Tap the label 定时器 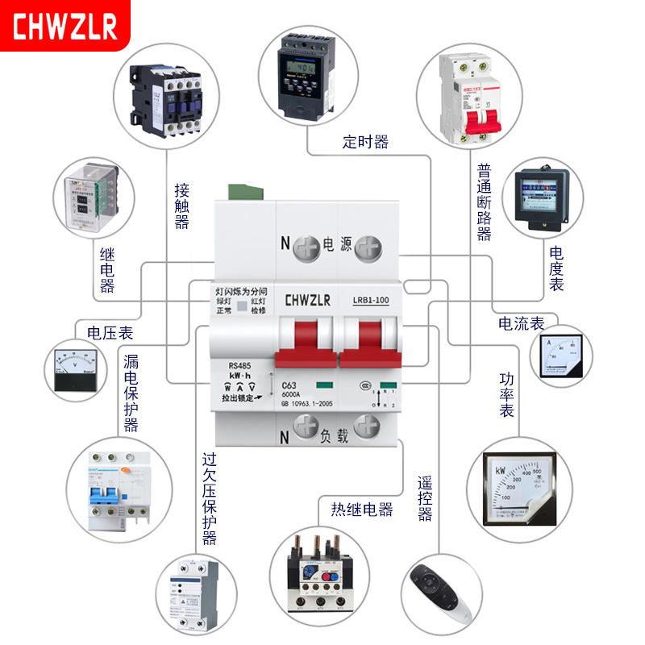pos(365,143)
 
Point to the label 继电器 pos(106,270)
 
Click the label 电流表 pos(521,324)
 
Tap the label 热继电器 pos(362,510)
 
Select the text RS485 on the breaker pos(241,364)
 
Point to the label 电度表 pos(556,269)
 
